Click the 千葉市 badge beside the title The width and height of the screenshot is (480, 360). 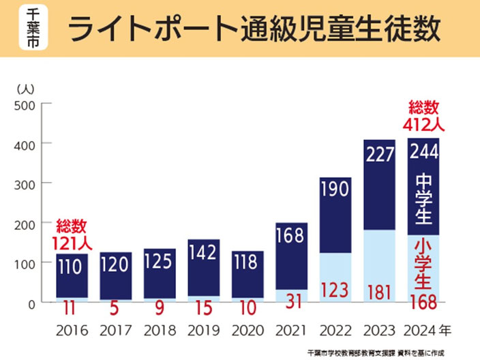point(33,27)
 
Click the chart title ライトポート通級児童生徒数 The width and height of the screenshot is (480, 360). point(254,29)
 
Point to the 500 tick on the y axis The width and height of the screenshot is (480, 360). point(25,106)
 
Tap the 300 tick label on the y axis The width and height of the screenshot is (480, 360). point(25,185)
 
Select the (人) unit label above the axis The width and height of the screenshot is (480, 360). point(26,89)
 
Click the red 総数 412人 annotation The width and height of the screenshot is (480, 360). point(423,116)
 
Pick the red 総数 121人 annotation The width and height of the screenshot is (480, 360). point(72,235)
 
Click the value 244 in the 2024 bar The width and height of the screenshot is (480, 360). point(423,151)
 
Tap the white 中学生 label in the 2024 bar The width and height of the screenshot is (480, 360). point(423,199)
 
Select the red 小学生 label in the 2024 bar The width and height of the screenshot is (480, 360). point(423,265)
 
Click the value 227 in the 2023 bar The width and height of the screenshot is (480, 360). point(380,154)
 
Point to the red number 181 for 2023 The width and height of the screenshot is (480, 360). point(379,292)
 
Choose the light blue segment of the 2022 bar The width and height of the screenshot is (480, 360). point(335,277)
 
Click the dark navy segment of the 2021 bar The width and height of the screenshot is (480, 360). point(291,256)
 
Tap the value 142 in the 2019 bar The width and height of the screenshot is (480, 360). point(203,252)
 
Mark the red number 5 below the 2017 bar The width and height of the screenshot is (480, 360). point(114,308)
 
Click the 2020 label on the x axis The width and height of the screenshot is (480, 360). point(247,331)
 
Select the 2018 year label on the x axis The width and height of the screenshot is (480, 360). point(160,331)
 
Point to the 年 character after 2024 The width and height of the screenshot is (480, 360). point(445,330)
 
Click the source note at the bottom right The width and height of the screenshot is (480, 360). point(376,353)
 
